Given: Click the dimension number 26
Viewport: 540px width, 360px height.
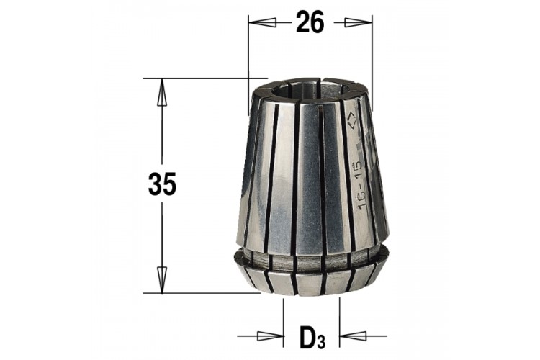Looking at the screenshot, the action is click(310, 22).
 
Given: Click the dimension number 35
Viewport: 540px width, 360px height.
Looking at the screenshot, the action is click(162, 184).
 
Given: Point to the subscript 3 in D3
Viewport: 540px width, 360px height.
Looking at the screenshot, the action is click(321, 341).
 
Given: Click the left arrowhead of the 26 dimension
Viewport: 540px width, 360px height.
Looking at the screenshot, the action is click(262, 23).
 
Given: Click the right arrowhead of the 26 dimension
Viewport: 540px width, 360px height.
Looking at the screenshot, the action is click(358, 23).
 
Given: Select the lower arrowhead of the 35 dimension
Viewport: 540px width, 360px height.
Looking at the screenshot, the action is click(162, 280).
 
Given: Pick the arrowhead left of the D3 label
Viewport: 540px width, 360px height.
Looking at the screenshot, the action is click(270, 336).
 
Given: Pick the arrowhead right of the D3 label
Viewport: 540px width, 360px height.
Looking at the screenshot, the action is click(353, 336).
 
